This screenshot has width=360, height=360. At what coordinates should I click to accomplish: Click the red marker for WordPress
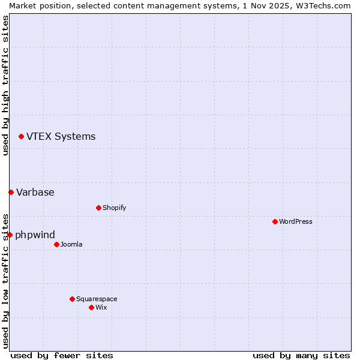[x=275, y=221]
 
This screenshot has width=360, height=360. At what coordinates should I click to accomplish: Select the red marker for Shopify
[x=98, y=208]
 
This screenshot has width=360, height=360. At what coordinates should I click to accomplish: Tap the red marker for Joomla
[x=56, y=244]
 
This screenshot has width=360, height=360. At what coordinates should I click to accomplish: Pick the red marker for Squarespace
[x=72, y=299]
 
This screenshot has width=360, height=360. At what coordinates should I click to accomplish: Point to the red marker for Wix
[x=91, y=307]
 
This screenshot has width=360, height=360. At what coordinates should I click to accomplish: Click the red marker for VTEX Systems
[x=21, y=137]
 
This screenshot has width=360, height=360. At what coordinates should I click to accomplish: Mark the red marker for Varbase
[x=11, y=192]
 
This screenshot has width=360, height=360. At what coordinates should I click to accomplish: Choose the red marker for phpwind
[x=10, y=235]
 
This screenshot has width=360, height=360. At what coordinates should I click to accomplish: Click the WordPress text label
[x=296, y=221]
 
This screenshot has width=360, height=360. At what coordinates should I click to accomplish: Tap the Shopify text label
[x=114, y=208]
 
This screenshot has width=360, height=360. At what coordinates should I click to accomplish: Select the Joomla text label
[x=71, y=244]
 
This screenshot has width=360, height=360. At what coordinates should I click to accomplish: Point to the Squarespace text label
[x=97, y=299]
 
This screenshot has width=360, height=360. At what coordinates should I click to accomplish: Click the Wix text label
[x=101, y=307]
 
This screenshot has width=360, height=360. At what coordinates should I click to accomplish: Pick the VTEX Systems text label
[x=61, y=136]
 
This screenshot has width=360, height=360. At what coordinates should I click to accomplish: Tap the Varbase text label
[x=35, y=192]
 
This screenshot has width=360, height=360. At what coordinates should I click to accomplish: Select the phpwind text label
[x=35, y=235]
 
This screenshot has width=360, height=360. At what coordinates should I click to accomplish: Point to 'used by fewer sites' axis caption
[x=62, y=355]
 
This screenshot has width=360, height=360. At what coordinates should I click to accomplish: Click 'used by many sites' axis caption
[x=301, y=355]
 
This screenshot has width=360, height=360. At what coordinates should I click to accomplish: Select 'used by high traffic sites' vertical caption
[x=5, y=85]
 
